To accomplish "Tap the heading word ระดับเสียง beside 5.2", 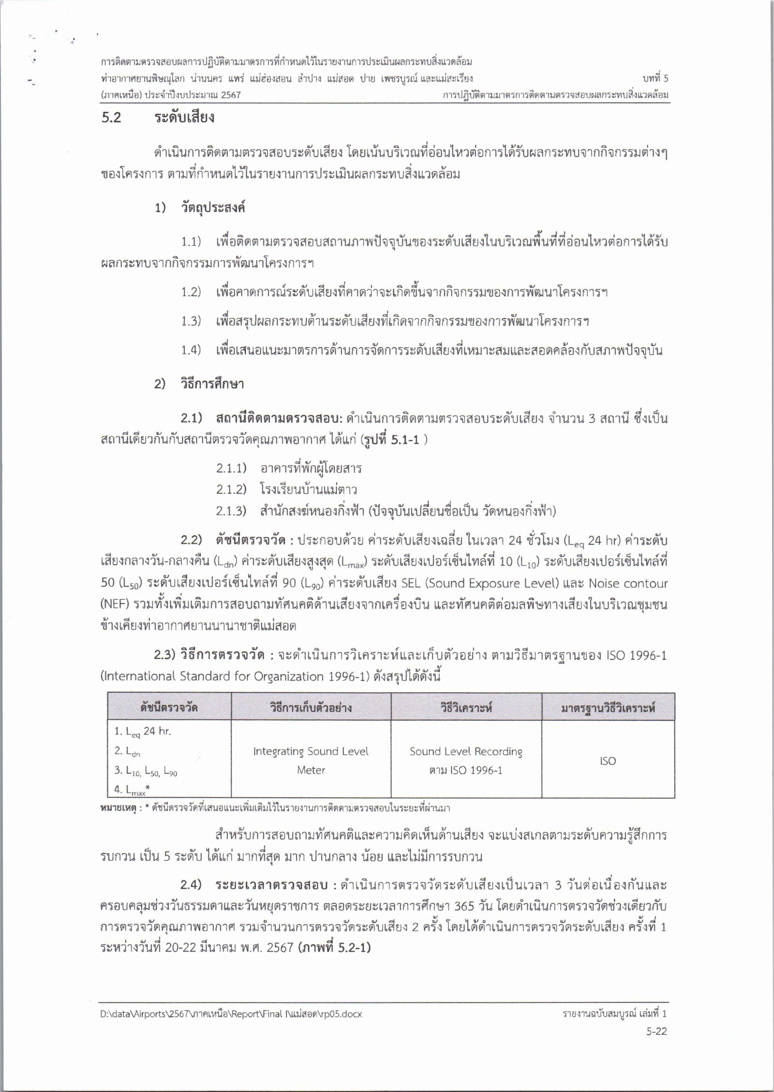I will pos(184,118).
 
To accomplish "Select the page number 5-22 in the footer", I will pos(656,1031).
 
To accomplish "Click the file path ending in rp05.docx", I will pos(231,1014).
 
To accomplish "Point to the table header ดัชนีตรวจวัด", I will pos(169,708).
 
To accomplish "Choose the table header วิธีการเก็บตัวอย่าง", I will pos(311,708).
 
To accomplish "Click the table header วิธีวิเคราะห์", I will pos(466,708).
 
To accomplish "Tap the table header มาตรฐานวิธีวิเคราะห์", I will pos(608,708).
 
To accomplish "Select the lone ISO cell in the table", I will pos(608,761).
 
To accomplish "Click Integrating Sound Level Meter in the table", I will pos(311,760).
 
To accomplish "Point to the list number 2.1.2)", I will pos(231,490).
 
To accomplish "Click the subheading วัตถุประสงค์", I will pos(213,208).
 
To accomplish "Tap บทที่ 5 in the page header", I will pos(655,78).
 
